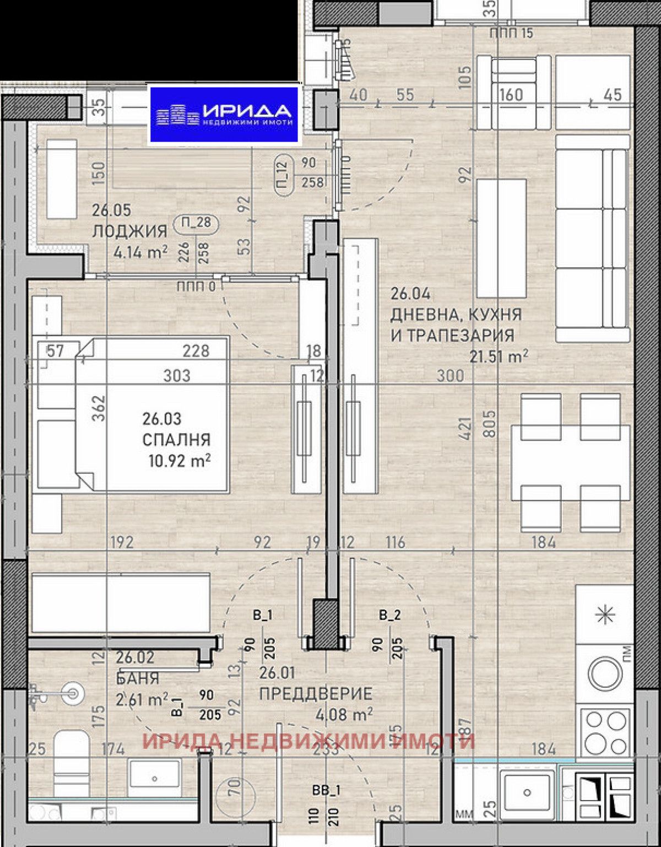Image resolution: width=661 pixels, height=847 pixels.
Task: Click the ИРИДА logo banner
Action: pos(224,114)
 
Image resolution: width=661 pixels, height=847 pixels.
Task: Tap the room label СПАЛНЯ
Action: pos(176,440)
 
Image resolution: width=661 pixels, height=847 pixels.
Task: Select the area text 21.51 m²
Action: pos(499,357)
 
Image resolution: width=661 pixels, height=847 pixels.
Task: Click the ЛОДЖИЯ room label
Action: pos(129,231)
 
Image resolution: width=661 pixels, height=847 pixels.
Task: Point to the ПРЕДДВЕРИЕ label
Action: pos(316,694)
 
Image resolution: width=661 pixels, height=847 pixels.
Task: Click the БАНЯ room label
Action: pos(138,678)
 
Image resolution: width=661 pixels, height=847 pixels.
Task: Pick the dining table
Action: pos(570,462)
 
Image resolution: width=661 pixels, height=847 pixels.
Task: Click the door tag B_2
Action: pos(389,616)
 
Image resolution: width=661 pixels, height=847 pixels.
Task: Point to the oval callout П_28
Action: pos(196,223)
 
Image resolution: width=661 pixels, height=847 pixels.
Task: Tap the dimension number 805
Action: pos(488,423)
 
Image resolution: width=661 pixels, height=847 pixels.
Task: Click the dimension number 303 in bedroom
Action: pos(177,376)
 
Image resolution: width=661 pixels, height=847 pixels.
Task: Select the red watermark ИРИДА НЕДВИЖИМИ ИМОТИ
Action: pos(308,741)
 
